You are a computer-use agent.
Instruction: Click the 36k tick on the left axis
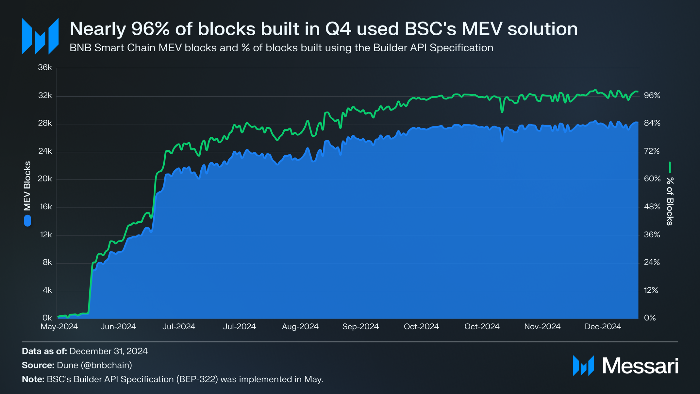coord(45,68)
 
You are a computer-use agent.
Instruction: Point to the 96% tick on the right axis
coord(652,95)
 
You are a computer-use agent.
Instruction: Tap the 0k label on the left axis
coord(47,318)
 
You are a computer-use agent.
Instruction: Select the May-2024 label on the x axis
coord(59,327)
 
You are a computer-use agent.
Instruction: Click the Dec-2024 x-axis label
coord(603,327)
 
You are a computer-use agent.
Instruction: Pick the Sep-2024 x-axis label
coord(360,327)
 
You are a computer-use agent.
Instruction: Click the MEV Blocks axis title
coord(27,186)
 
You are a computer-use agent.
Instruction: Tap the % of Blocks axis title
coord(670,201)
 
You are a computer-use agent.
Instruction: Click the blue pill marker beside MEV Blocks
coord(27,221)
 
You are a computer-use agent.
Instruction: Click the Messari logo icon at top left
coord(40,36)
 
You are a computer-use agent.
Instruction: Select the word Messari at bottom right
coord(640,366)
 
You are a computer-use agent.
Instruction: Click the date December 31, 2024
coord(108,351)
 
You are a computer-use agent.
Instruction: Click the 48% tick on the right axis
coord(652,207)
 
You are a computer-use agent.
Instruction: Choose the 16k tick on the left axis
coord(45,207)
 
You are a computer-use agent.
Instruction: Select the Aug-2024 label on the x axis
coord(300,327)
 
